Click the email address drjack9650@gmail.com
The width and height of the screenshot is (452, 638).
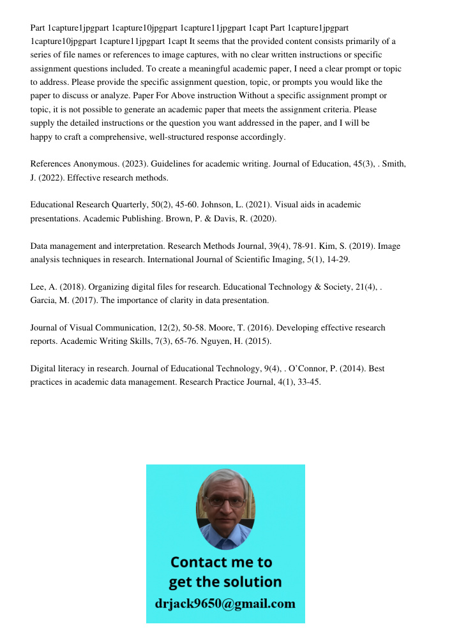coord(225,604)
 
